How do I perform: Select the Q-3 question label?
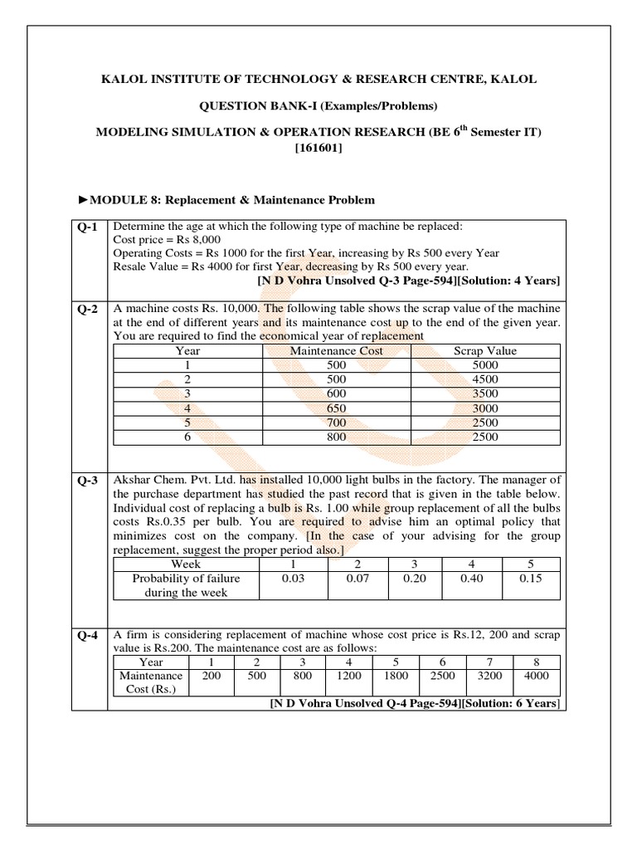point(88,480)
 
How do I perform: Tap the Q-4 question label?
point(88,637)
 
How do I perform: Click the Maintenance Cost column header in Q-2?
point(336,350)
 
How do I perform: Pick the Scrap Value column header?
point(484,350)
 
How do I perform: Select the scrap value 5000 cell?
point(484,364)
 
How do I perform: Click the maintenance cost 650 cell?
point(336,408)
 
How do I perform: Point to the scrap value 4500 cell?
point(484,379)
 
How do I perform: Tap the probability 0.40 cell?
point(471,579)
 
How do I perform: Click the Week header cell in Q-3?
point(185,564)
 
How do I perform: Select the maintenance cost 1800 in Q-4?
point(396,677)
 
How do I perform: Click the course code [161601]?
point(318,149)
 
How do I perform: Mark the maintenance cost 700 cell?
point(336,423)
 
